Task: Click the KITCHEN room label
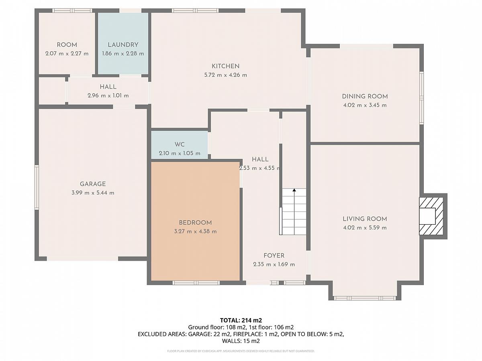point(225,66)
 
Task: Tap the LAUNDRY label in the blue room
point(123,45)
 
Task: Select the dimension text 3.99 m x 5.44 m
point(93,193)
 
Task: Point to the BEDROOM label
point(195,223)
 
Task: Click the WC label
point(180,144)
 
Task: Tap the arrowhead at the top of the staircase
point(294,190)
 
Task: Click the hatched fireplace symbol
point(431,216)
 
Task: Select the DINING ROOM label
point(365,96)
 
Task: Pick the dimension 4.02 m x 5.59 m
point(365,227)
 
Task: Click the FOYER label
point(274,256)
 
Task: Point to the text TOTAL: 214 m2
point(241,320)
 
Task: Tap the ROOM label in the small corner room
point(67,45)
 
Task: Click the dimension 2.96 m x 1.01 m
point(108,95)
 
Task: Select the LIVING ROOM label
point(365,219)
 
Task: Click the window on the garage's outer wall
point(37,187)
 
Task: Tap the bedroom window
point(196,283)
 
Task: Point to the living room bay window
point(365,298)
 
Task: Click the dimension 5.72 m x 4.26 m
point(225,75)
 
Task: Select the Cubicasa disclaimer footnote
point(241,351)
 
